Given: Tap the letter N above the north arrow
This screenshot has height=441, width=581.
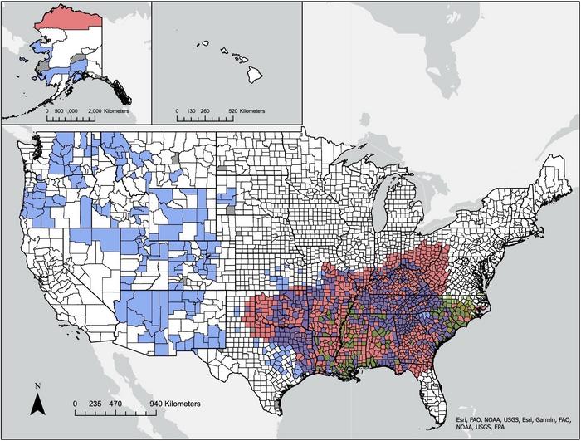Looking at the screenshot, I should coord(38,386).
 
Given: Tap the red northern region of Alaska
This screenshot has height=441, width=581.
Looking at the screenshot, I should coord(71,16).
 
